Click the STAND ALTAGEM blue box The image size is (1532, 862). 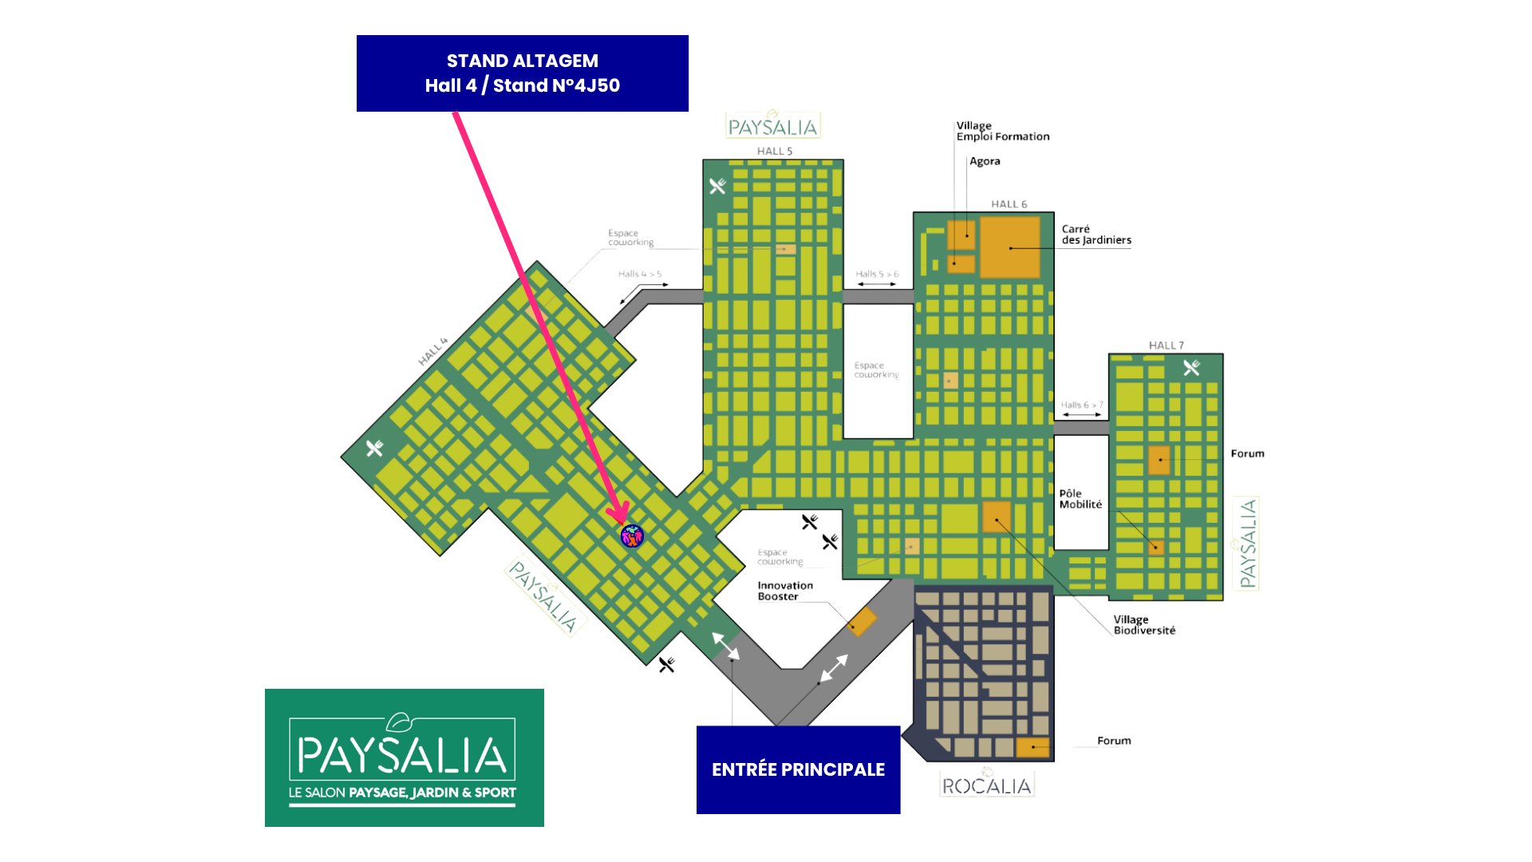[523, 73]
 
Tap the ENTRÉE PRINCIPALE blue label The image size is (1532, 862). [798, 769]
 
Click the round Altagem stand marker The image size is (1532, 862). [632, 536]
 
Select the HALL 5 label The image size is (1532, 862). [774, 151]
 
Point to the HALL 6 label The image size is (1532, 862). [1009, 204]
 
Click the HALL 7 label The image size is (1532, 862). [1166, 345]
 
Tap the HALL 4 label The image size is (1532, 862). [432, 352]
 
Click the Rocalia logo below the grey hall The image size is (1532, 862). [987, 785]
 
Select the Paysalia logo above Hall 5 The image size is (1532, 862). [773, 125]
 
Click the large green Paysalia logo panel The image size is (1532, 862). [405, 757]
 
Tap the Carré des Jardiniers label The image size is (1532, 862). [1096, 235]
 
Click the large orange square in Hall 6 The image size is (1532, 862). [1009, 247]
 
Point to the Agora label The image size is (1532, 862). [985, 161]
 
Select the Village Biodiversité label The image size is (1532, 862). [1144, 625]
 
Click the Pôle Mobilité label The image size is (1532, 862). [1080, 499]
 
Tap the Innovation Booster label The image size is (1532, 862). [784, 591]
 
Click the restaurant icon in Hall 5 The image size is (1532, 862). [717, 186]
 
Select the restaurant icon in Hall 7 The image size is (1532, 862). [1191, 368]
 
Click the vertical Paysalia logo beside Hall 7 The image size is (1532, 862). [1246, 543]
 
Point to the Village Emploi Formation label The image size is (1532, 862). [1003, 132]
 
